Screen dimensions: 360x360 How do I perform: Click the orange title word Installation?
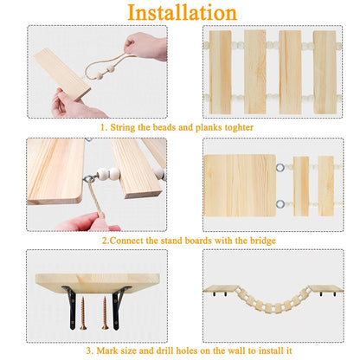[182, 13]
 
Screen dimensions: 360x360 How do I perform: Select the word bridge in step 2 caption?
[263, 241]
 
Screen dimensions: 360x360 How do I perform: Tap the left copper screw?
[83, 313]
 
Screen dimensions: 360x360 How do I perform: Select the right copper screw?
[105, 313]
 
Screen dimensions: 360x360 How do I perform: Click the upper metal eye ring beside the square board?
[280, 167]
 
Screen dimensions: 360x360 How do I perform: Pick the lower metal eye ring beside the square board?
[280, 204]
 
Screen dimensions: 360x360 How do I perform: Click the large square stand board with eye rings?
[240, 185]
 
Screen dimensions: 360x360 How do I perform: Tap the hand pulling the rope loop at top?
[146, 46]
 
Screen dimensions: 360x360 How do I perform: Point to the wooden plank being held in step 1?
[62, 74]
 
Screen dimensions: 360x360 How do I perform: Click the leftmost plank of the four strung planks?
[221, 72]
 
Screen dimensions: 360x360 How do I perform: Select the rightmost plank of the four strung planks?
[325, 72]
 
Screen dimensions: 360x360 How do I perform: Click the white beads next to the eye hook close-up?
[108, 174]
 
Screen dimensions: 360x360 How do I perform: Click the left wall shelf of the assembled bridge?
[221, 288]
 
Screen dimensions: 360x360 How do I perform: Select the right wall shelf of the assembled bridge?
[326, 288]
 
